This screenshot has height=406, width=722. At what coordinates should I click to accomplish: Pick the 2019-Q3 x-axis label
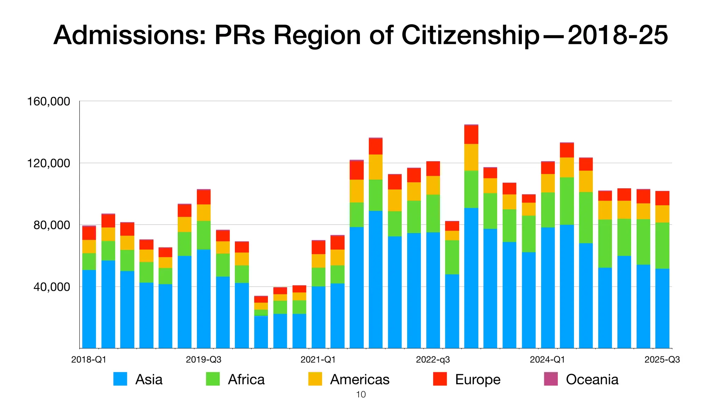(x=203, y=360)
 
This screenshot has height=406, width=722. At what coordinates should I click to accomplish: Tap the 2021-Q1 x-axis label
(x=318, y=360)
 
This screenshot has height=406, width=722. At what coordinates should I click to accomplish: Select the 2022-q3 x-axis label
(x=433, y=360)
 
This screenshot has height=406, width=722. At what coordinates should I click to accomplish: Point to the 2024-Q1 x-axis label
(x=547, y=360)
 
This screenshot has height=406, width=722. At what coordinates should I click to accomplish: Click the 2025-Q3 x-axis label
(x=662, y=360)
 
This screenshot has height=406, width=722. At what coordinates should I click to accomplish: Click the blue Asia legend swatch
(x=120, y=379)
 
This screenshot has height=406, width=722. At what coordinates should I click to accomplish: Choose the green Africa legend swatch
(x=213, y=379)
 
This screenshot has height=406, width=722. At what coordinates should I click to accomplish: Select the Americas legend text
(x=360, y=380)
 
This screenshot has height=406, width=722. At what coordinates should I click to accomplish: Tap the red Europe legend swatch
(x=440, y=379)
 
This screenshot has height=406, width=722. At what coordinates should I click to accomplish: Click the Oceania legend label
(x=592, y=380)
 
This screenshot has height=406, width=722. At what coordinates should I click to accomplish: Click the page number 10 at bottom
(x=361, y=395)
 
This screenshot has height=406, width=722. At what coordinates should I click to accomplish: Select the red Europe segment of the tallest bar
(x=471, y=134)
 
